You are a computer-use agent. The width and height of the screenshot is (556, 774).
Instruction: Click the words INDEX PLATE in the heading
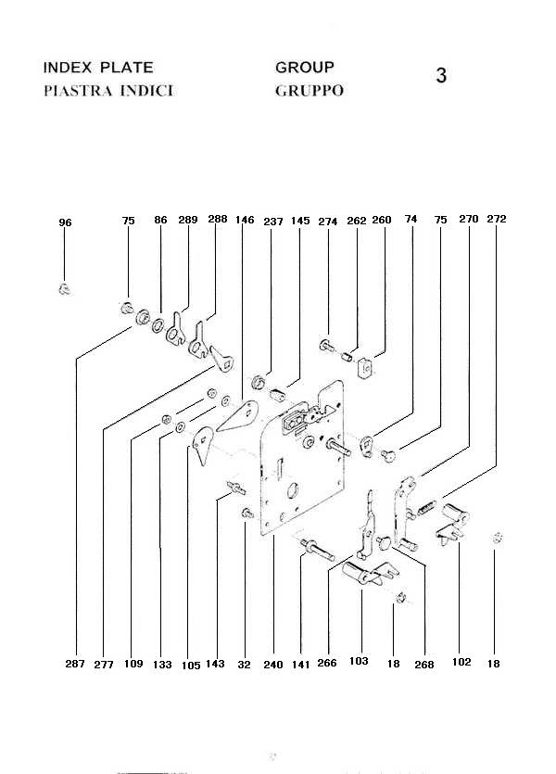(98, 68)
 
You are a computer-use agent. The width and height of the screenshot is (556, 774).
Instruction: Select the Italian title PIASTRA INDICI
(107, 91)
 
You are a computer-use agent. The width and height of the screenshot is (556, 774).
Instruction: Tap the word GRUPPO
(310, 91)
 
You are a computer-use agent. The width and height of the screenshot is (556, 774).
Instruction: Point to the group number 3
(441, 76)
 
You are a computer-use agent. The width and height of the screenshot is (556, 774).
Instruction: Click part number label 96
(65, 223)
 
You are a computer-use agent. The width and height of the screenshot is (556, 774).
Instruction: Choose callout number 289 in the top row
(188, 221)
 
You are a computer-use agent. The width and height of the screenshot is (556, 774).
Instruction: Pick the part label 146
(245, 221)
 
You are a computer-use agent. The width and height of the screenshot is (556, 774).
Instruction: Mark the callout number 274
(328, 222)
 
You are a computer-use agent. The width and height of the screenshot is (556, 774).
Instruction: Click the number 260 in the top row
(382, 221)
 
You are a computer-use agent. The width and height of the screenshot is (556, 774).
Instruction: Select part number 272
(497, 220)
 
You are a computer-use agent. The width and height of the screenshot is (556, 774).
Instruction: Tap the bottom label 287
(75, 664)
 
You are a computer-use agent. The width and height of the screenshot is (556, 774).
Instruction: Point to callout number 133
(162, 664)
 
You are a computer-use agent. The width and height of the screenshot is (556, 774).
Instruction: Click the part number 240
(273, 664)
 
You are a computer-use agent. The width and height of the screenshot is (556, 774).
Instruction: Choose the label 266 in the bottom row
(328, 664)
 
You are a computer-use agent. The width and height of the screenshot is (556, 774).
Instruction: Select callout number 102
(461, 663)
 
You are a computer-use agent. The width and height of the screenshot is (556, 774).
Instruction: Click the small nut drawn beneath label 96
(64, 289)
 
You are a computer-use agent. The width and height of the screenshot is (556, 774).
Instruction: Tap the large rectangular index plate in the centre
(301, 463)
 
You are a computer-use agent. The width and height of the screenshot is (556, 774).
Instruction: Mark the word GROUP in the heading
(305, 68)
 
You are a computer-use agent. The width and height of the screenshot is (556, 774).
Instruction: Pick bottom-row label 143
(216, 664)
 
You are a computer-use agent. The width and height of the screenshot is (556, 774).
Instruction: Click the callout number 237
(272, 221)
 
